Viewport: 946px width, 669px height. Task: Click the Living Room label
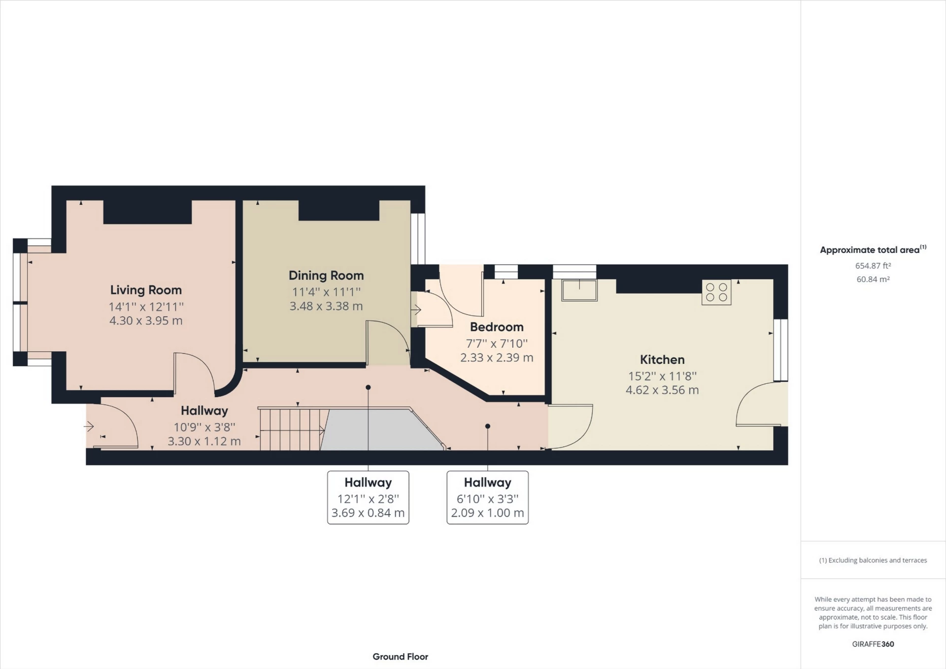click(146, 290)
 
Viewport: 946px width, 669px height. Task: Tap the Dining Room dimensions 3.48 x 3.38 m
click(326, 306)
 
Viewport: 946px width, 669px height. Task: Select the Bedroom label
click(496, 327)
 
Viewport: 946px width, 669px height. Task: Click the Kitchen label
click(662, 359)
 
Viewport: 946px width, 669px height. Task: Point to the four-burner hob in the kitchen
click(716, 292)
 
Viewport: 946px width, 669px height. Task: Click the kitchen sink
click(579, 290)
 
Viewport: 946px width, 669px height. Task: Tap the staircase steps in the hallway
click(291, 429)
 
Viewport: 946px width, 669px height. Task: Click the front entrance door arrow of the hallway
click(89, 426)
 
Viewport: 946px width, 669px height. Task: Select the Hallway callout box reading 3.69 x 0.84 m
click(368, 497)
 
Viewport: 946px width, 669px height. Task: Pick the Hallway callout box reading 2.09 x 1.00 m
click(487, 497)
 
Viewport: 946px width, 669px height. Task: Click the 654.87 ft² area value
click(873, 266)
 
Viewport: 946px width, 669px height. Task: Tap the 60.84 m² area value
click(873, 279)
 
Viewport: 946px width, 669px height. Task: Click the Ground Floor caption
click(400, 657)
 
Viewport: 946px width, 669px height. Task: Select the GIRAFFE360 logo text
click(873, 644)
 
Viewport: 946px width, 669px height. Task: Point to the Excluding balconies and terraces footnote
click(873, 560)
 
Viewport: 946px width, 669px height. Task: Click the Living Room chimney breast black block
click(147, 212)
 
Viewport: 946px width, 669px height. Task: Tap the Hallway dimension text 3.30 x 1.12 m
click(204, 441)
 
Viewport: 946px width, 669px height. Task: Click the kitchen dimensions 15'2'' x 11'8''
click(662, 376)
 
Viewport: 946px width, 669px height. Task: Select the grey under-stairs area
click(379, 431)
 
